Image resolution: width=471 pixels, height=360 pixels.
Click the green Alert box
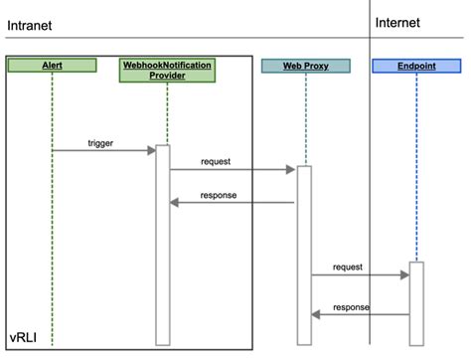tap(52, 66)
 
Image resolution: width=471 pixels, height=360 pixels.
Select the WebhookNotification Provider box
tap(166, 70)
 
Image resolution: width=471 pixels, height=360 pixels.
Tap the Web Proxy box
tap(305, 66)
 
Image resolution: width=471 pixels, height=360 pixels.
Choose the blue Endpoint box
tap(415, 66)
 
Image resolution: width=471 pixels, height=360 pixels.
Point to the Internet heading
tap(398, 22)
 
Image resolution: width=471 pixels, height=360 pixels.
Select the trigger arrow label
tap(101, 142)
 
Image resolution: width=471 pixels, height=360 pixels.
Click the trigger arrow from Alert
tap(103, 150)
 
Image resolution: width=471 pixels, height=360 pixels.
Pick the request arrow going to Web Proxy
tap(233, 170)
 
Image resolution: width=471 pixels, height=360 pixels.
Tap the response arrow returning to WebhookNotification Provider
tap(233, 203)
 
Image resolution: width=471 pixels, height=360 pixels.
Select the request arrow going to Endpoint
tap(360, 274)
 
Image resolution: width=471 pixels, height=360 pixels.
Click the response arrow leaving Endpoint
tap(360, 314)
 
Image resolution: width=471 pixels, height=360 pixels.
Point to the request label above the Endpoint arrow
tap(348, 267)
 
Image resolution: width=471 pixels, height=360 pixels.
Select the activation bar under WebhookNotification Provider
tap(163, 244)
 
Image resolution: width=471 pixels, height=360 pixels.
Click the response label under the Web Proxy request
tap(219, 195)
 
